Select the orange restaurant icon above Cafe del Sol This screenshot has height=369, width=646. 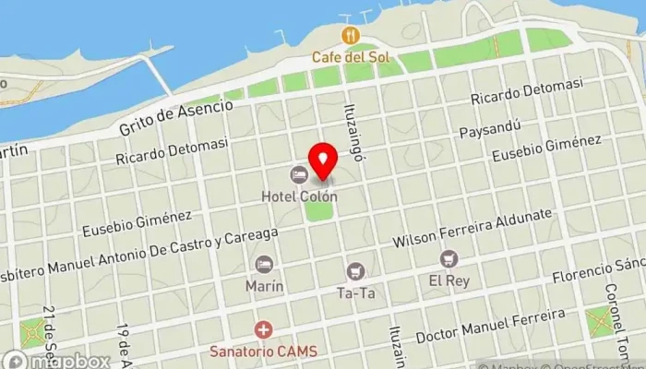[x=350, y=36]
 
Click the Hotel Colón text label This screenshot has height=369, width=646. [x=299, y=196]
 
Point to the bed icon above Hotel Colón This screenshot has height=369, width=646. [x=298, y=174]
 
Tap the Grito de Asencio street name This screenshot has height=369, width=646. [x=175, y=118]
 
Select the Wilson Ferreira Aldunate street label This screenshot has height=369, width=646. [x=472, y=228]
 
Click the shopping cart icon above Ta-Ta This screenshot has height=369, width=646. [x=355, y=271]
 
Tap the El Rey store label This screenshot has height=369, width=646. [x=449, y=280]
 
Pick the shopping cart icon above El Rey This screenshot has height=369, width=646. [x=449, y=259]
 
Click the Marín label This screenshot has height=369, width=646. [x=265, y=286]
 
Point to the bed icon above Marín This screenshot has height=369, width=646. [x=265, y=265]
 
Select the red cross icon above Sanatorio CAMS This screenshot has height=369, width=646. [x=264, y=329]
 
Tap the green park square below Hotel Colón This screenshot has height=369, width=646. [x=318, y=209]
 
